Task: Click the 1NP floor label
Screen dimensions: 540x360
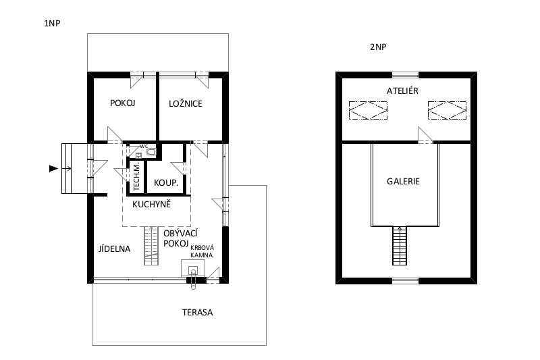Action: coord(52,24)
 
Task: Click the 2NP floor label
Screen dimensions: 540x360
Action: coord(378,47)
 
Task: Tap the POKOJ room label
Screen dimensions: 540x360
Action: coord(123,103)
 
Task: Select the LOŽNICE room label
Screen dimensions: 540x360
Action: coord(186,103)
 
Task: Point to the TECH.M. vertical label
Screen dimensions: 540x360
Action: coord(137,176)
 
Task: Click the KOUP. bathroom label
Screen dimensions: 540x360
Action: coord(166,182)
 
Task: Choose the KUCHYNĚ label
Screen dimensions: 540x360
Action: coord(151,204)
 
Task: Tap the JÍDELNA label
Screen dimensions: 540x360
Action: coord(114,249)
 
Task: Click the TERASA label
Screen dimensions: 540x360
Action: coord(197,313)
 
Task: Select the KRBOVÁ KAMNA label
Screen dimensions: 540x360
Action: coord(202,251)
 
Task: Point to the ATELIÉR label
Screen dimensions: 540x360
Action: coord(402,91)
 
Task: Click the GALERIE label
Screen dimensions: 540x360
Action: coord(403,181)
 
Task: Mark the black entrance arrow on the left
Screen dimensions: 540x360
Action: coord(53,168)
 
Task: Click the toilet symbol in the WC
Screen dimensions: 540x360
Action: coord(151,152)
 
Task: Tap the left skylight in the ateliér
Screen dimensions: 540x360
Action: coord(368,110)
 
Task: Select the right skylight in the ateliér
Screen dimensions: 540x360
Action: coord(447,110)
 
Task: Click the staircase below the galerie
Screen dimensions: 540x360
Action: coord(400,246)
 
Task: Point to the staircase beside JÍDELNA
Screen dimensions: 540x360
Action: coord(151,246)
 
